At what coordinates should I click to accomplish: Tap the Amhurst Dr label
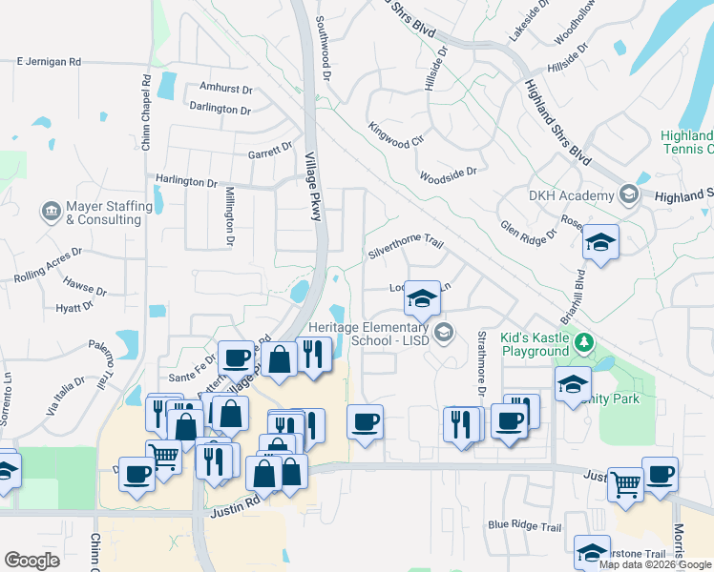pos(225,89)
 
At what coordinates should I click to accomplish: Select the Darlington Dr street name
pos(220,110)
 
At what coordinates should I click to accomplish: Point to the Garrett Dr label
pos(270,150)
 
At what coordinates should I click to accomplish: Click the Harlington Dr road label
pos(187,181)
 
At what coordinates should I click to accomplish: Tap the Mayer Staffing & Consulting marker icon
pos(50,208)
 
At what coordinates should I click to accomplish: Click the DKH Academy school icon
pos(628,195)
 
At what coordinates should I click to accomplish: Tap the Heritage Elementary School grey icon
pos(443,332)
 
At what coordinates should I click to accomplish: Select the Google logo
pos(32,561)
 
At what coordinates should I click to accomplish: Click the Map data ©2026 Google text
pos(655,563)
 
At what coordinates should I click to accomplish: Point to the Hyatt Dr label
pos(73,308)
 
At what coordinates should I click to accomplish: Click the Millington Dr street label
pos(229,215)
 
